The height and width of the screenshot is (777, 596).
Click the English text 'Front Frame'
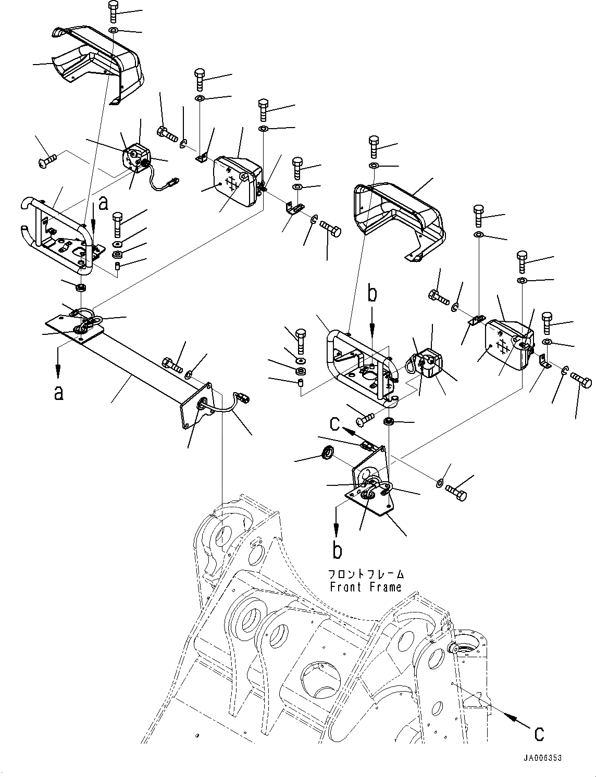365,587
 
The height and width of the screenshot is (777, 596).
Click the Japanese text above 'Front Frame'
366,574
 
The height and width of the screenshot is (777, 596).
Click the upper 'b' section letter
371,294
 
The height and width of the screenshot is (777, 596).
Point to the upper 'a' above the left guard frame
104,203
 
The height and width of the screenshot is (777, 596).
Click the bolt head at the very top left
113,8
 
